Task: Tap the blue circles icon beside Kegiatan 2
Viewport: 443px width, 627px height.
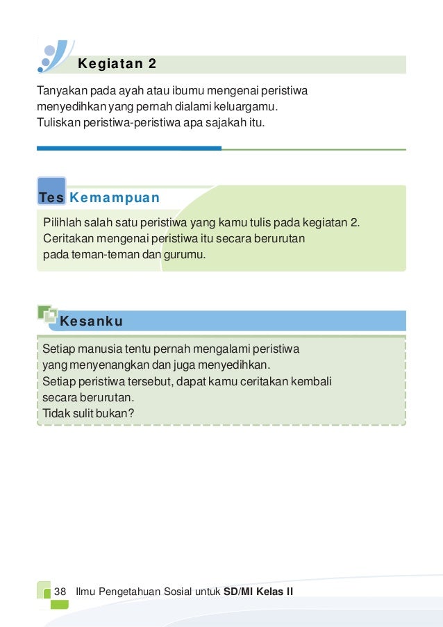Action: point(53,55)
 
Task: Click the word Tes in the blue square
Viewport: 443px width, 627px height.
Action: point(51,198)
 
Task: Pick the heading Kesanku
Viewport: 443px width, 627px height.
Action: point(92,321)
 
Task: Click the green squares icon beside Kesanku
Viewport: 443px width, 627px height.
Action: point(47,314)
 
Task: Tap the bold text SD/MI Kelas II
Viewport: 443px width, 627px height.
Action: point(258,591)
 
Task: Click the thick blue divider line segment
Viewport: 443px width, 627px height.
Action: point(129,148)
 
